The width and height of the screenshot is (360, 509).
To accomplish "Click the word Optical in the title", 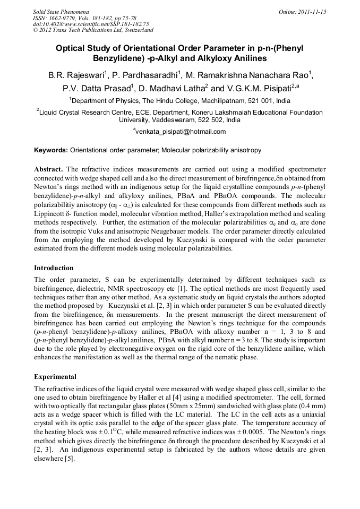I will click(x=72, y=48).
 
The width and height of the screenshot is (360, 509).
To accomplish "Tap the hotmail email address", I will click(x=181, y=132).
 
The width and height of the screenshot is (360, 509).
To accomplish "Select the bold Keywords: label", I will click(x=51, y=150).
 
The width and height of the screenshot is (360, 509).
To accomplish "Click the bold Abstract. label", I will click(x=49, y=169).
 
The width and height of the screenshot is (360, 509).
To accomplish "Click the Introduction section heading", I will click(x=54, y=268).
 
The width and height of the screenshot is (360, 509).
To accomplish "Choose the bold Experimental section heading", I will click(x=55, y=377).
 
